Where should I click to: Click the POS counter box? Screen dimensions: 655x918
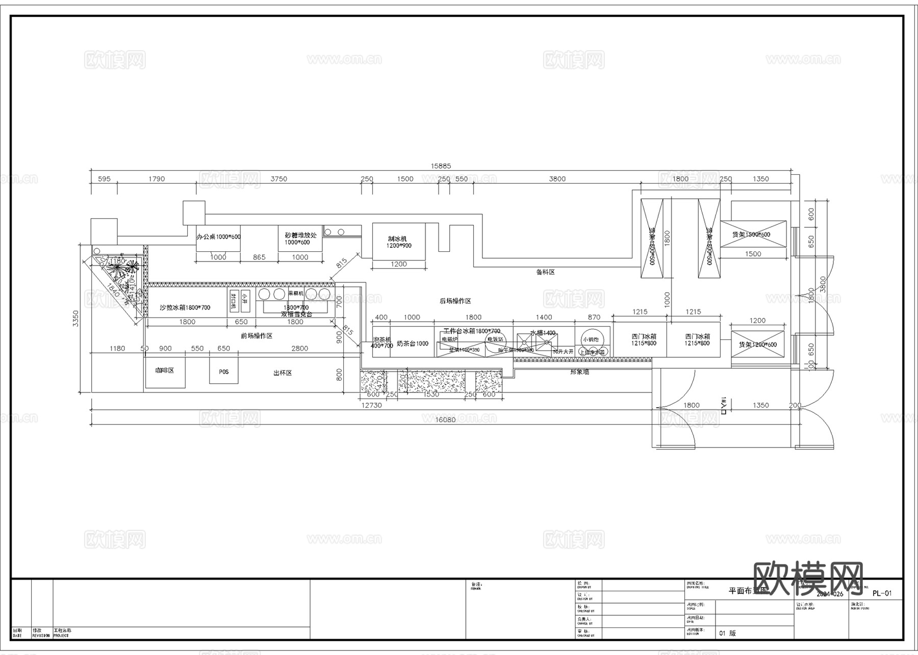click(x=223, y=371)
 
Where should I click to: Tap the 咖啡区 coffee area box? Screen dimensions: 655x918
click(x=165, y=372)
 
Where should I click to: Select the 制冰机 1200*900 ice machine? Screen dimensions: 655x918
click(x=398, y=242)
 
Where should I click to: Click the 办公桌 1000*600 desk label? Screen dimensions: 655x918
click(x=218, y=237)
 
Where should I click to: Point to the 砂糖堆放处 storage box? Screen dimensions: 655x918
click(x=300, y=239)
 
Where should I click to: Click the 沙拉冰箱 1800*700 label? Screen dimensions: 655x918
click(x=185, y=307)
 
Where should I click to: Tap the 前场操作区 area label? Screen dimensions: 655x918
click(x=257, y=336)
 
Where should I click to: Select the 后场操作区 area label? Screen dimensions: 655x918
click(x=455, y=301)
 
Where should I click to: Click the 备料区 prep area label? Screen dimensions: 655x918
click(x=545, y=272)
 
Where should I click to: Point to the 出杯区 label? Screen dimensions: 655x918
click(x=283, y=373)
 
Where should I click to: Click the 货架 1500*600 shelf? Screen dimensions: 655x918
click(x=753, y=234)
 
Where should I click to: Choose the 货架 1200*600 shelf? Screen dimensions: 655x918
click(x=757, y=345)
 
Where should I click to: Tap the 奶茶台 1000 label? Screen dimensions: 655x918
click(x=413, y=344)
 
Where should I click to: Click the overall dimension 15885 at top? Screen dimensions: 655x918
click(x=441, y=166)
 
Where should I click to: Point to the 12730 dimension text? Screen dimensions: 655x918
click(x=371, y=405)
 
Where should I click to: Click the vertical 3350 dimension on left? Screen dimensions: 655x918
click(x=76, y=319)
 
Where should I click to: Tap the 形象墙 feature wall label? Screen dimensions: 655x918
click(x=579, y=372)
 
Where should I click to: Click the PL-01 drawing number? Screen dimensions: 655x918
click(x=882, y=593)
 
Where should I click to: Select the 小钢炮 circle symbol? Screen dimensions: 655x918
click(x=591, y=339)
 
